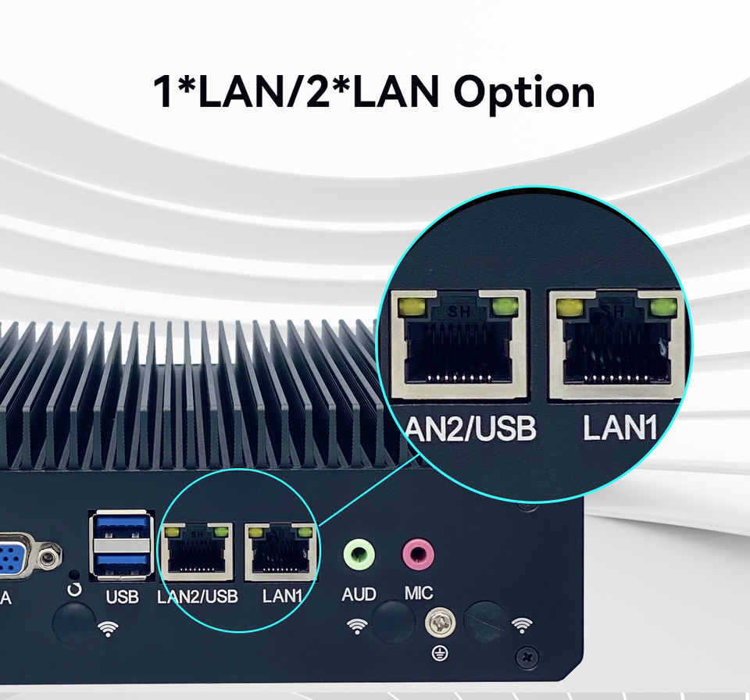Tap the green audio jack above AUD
coord(359,555)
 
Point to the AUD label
coord(359,595)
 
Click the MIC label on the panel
coord(419,594)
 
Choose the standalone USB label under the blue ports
coord(122,598)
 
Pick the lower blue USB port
coord(121,561)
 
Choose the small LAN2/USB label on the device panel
coord(198,597)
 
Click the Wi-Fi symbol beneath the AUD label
coord(357,625)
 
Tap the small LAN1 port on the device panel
coord(281,552)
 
